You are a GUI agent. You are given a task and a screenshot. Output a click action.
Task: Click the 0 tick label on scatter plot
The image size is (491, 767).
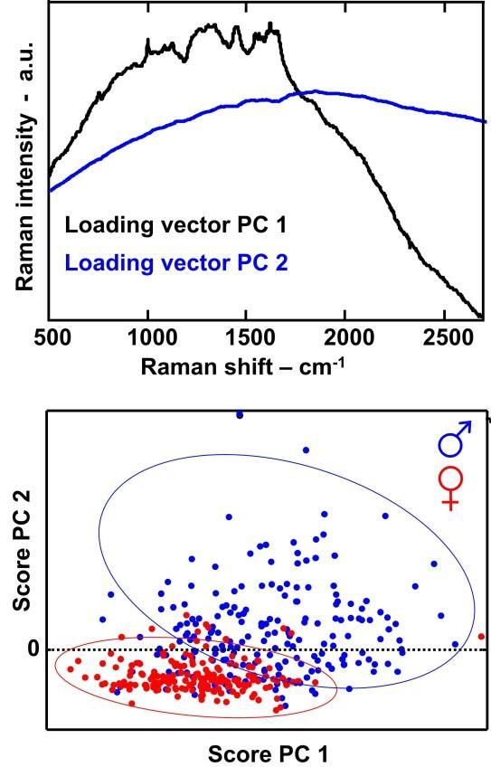pyautogui.click(x=33, y=649)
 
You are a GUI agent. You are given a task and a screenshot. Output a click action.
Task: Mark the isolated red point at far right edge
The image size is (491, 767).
pyautogui.click(x=481, y=637)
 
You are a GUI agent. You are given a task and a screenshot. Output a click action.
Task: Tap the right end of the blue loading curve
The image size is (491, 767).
pyautogui.click(x=486, y=119)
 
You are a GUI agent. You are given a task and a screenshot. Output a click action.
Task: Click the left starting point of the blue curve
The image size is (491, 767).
pyautogui.click(x=50, y=191)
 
